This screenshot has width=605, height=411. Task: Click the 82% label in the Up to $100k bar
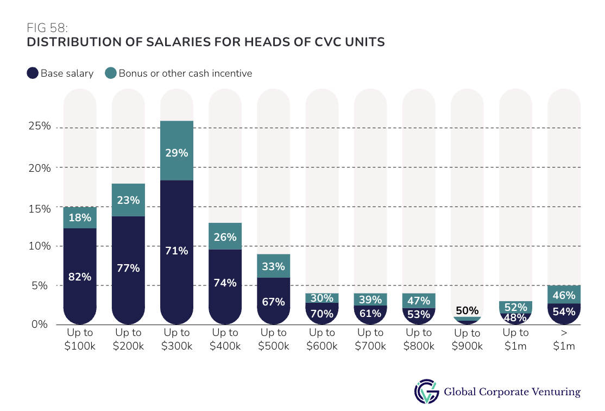80,277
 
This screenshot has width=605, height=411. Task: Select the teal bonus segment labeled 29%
177,153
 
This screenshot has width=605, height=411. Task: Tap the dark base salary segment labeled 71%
177,251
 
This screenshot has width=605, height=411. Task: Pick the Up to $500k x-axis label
274,339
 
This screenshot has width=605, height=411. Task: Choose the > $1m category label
564,339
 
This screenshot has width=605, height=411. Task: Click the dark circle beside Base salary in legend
33,73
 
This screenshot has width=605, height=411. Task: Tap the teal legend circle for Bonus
111,73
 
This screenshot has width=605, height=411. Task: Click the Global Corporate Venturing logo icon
426,391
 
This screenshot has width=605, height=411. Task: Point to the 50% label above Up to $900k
467,311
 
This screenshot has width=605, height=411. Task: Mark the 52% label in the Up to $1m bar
515,307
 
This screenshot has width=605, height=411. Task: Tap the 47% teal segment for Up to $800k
419,300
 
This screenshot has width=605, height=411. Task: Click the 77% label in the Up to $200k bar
128,268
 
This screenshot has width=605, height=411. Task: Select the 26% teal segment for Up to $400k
225,237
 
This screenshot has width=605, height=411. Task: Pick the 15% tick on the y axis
40,208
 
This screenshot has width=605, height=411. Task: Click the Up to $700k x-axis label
370,339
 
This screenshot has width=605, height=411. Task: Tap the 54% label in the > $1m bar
564,312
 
